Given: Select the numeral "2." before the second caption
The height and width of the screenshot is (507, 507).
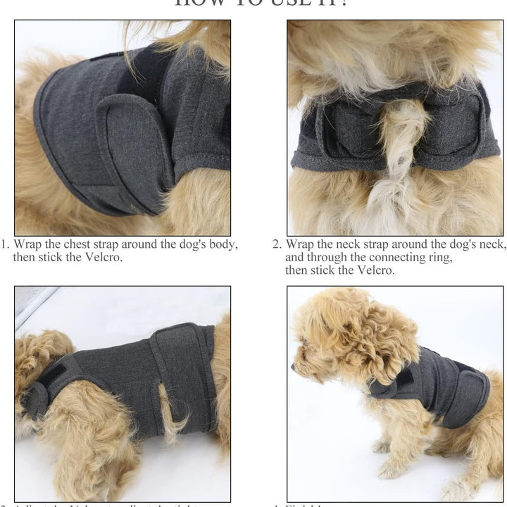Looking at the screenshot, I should [277, 244].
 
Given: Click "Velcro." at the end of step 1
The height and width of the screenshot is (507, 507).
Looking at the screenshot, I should [102, 257].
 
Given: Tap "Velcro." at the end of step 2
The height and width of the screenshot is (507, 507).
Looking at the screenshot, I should [373, 270].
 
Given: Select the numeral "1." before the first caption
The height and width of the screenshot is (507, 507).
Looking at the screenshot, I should [5, 244].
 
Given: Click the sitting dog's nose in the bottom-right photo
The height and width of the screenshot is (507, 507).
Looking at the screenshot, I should [295, 366].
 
